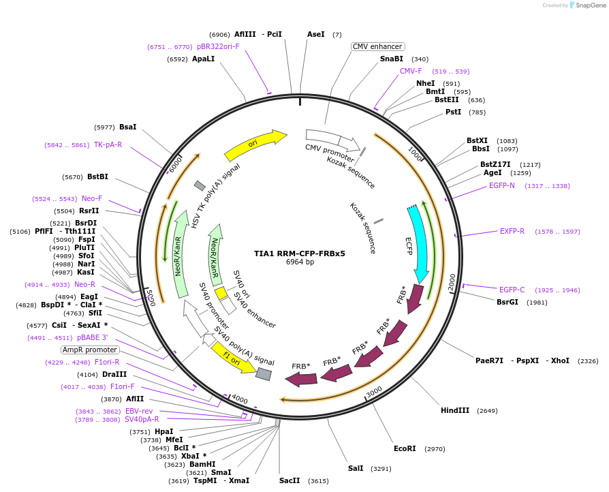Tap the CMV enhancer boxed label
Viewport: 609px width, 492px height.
(377, 46)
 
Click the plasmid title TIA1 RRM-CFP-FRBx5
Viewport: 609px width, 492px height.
(300, 253)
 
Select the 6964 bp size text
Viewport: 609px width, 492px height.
(300, 262)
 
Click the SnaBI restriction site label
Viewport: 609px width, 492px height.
(392, 59)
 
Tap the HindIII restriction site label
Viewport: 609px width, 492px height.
(455, 410)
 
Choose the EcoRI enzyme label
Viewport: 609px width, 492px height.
(405, 448)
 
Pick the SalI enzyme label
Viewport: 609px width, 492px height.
(356, 468)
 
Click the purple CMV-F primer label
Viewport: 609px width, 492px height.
(411, 71)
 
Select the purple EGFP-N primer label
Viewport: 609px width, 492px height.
(502, 185)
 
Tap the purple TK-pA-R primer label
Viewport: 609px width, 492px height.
(108, 144)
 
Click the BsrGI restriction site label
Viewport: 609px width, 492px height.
(507, 302)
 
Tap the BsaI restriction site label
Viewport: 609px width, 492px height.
(127, 127)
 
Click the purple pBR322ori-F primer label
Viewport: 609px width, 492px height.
(218, 47)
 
